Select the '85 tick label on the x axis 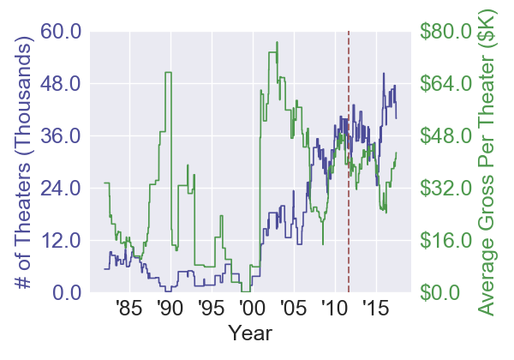tap(128, 308)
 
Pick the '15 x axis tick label tap(375, 308)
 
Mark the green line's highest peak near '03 tap(277, 43)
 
